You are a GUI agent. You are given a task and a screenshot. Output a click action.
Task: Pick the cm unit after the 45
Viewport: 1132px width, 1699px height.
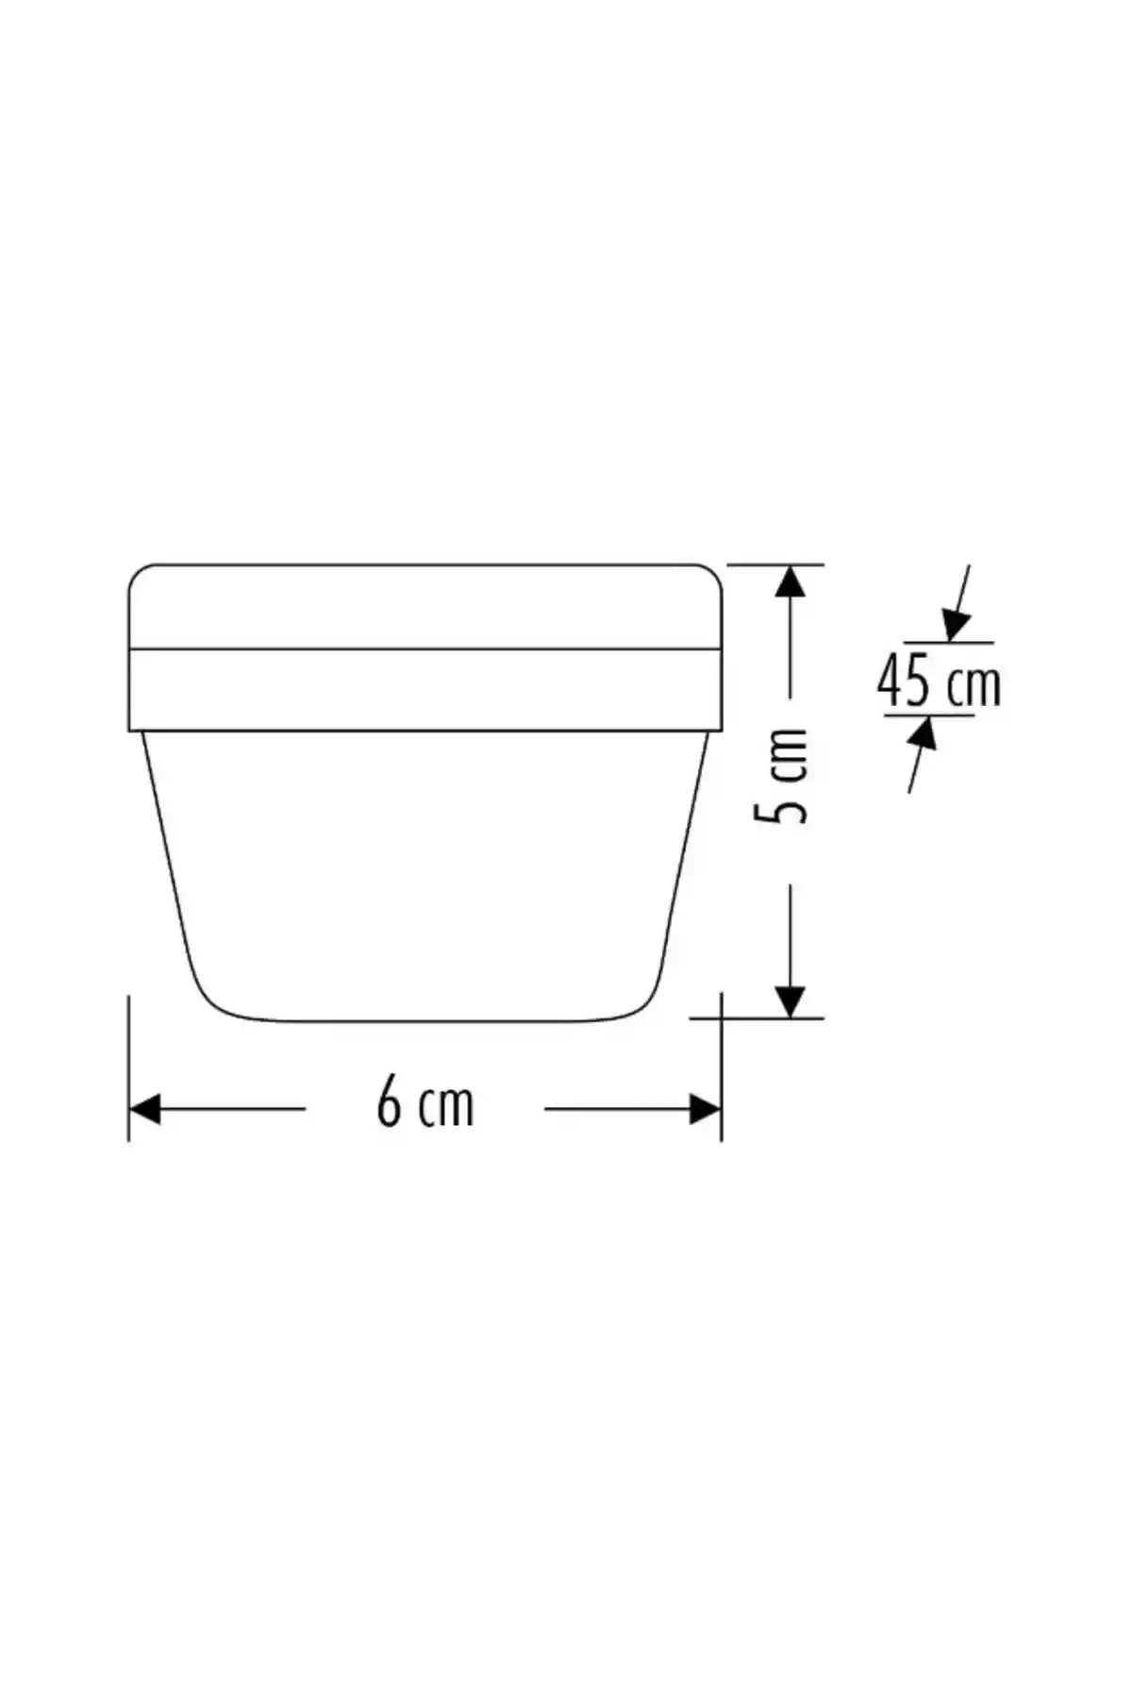point(973,686)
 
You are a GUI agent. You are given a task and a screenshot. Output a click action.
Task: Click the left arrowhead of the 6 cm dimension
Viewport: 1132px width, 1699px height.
point(144,1109)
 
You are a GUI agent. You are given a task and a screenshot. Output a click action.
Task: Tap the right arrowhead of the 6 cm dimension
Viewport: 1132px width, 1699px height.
point(706,1109)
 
